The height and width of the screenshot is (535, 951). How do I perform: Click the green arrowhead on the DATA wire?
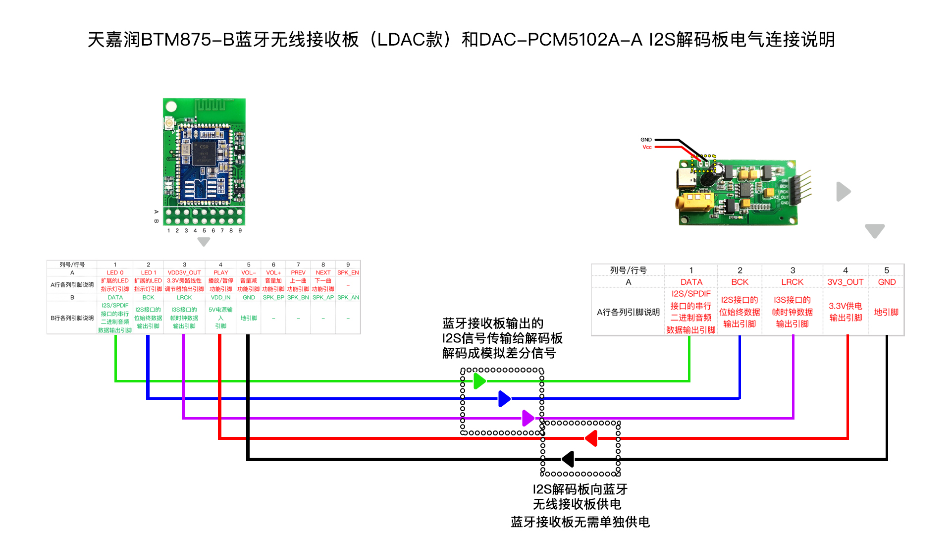[x=479, y=381]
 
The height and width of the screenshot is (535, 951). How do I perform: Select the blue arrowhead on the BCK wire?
[x=504, y=398]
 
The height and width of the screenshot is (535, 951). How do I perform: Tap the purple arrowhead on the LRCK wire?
[x=528, y=418]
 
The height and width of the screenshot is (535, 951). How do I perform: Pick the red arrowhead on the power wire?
[x=591, y=438]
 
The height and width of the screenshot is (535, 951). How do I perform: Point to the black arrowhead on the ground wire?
[x=568, y=459]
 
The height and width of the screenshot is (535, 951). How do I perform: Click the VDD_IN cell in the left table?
[x=220, y=297]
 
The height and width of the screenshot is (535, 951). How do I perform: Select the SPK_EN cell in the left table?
[x=348, y=272]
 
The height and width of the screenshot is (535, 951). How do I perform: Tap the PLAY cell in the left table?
[x=220, y=272]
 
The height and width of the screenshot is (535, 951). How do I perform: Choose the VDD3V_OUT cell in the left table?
[x=184, y=272]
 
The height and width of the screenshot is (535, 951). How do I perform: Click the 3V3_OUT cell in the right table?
[x=845, y=282]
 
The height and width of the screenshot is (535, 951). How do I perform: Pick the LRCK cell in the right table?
[x=792, y=282]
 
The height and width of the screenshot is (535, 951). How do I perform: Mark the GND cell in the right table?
[x=886, y=282]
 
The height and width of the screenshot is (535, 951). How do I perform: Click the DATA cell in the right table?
[x=691, y=282]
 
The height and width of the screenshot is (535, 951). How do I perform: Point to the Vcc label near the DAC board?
[x=647, y=147]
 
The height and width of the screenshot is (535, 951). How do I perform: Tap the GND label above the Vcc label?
[x=646, y=140]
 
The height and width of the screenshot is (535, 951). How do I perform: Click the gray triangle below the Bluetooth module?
[x=204, y=242]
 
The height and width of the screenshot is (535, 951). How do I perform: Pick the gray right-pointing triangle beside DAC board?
[x=843, y=191]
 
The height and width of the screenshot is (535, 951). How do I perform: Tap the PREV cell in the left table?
[x=298, y=272]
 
